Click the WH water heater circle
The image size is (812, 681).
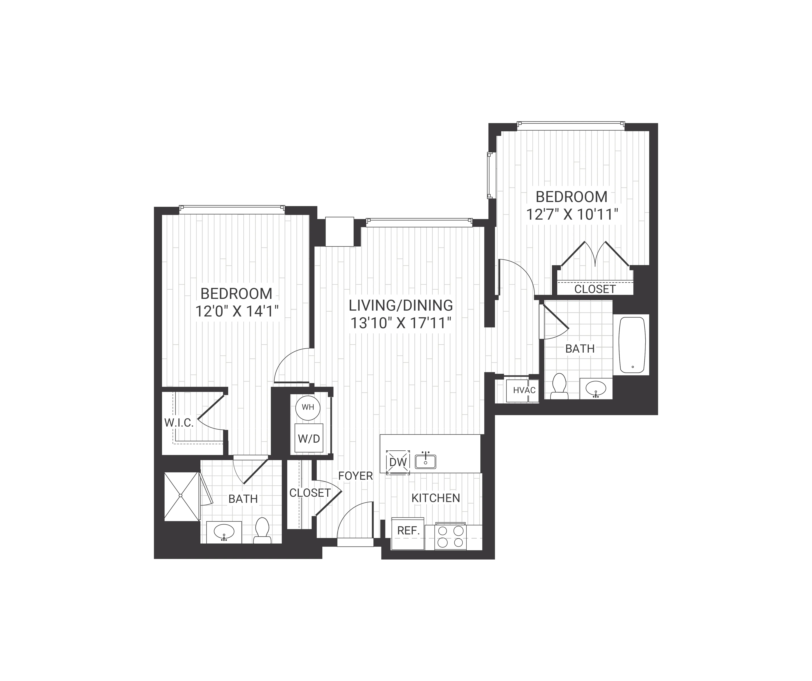click(x=308, y=407)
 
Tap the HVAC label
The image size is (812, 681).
click(x=524, y=390)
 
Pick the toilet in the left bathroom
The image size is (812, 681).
click(x=262, y=531)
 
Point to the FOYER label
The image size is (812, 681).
click(x=355, y=476)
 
